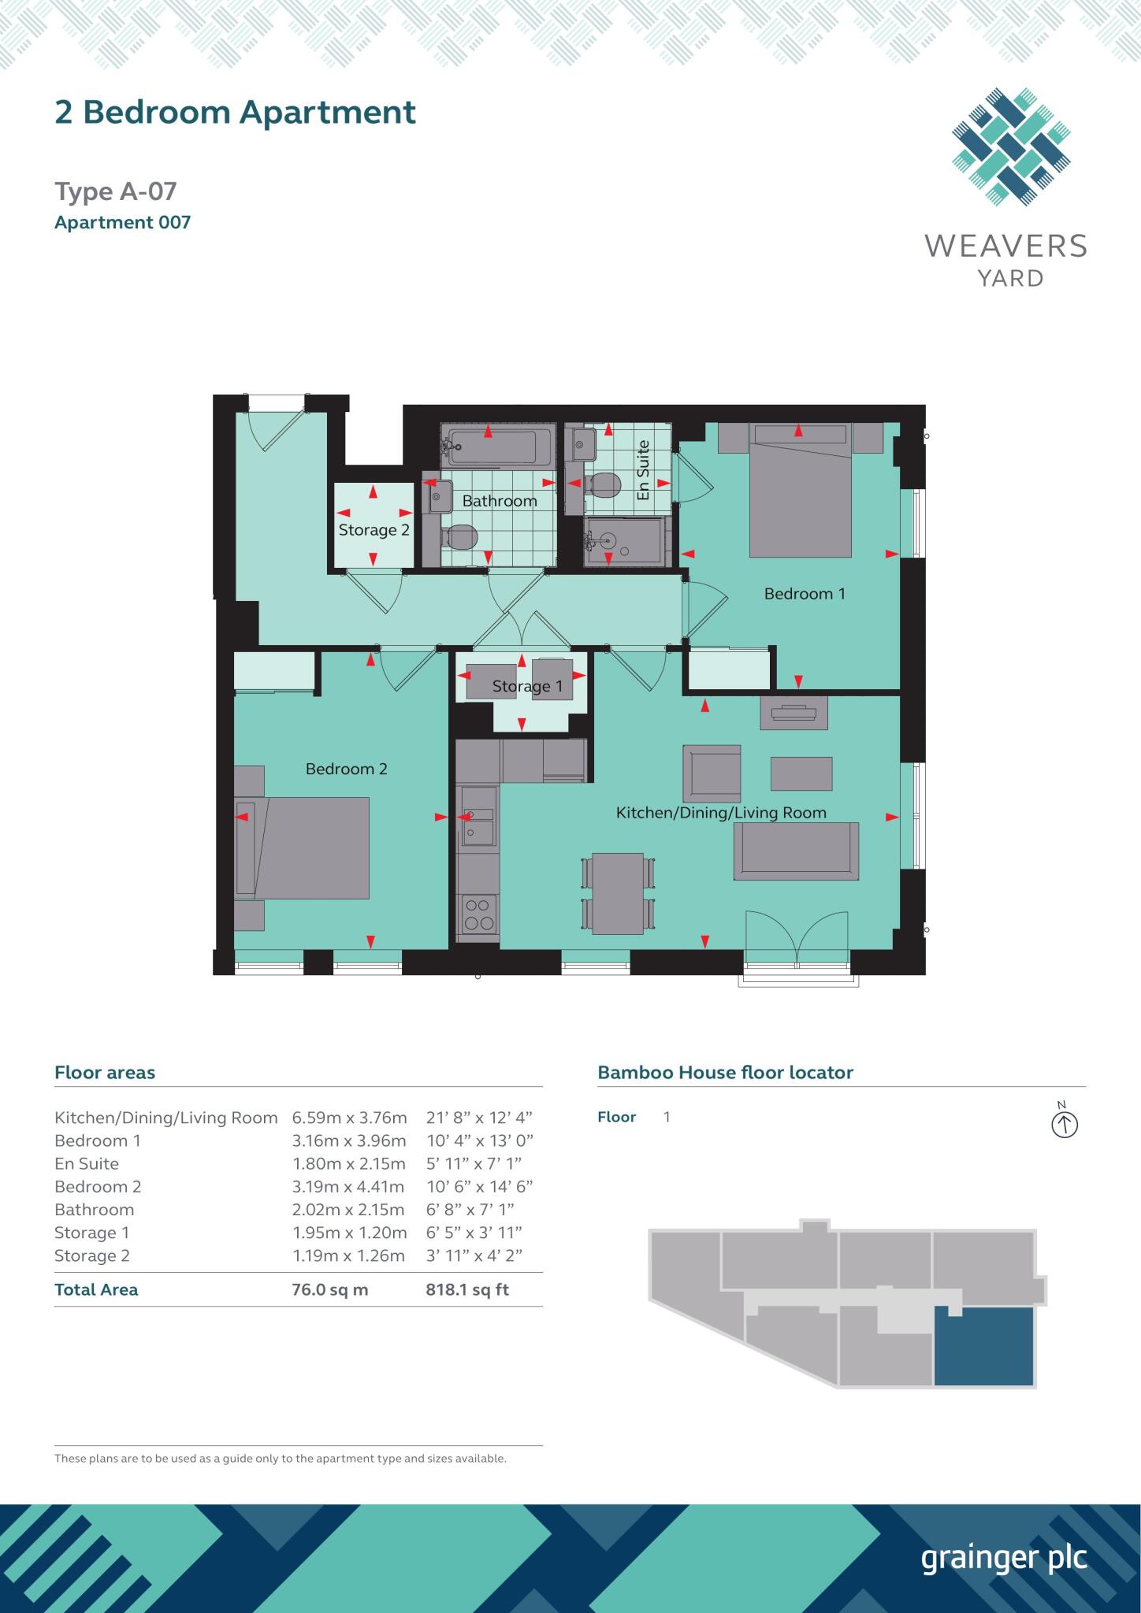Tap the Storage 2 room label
[x=374, y=530]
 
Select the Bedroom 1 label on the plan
[x=805, y=594]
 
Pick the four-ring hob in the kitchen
[x=478, y=916]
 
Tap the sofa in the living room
[x=796, y=851]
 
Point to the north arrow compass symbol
[x=1065, y=1124]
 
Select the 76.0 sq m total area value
[x=330, y=1289]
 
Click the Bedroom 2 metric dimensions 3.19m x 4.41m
[x=348, y=1186]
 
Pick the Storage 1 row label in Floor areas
[x=92, y=1233]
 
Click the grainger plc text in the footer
[x=1004, y=1559]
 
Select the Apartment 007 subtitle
[x=123, y=222]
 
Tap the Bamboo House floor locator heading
[x=726, y=1072]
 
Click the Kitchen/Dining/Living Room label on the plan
[x=721, y=813]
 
